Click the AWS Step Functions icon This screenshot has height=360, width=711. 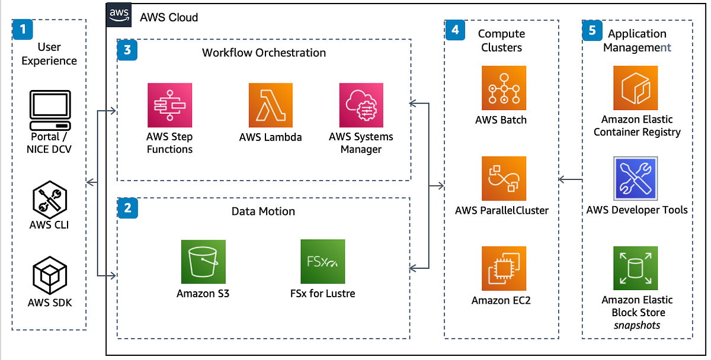[170, 105]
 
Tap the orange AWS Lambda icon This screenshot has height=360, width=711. [271, 105]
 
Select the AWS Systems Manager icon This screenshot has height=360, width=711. [361, 105]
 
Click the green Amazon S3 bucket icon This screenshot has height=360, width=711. [203, 262]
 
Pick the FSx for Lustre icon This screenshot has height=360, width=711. [323, 262]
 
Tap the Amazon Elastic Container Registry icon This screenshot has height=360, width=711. [636, 88]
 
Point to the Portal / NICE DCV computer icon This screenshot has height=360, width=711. [49, 111]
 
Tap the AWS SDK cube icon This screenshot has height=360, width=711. [49, 277]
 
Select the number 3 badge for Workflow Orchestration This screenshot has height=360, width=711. [127, 50]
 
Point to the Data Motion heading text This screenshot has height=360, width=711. [263, 211]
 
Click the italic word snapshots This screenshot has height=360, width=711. [637, 325]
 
